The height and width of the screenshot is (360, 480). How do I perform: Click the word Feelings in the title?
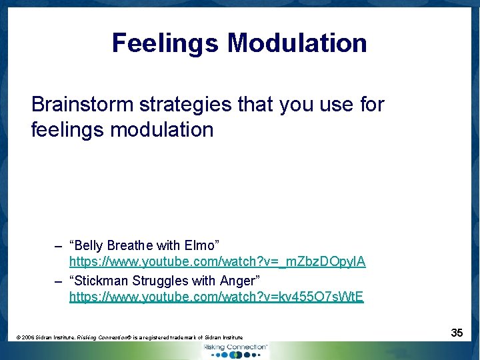click(x=165, y=43)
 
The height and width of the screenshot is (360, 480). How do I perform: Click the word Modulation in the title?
click(x=297, y=43)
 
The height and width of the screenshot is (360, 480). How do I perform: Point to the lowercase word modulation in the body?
click(x=161, y=129)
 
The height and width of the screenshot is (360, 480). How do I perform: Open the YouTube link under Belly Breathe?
click(x=217, y=262)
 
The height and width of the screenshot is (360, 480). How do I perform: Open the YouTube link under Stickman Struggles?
click(x=217, y=297)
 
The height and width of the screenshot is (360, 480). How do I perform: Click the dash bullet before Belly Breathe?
click(x=59, y=246)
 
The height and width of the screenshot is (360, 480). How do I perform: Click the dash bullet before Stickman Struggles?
click(x=59, y=281)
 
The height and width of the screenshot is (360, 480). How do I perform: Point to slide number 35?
click(x=457, y=332)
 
